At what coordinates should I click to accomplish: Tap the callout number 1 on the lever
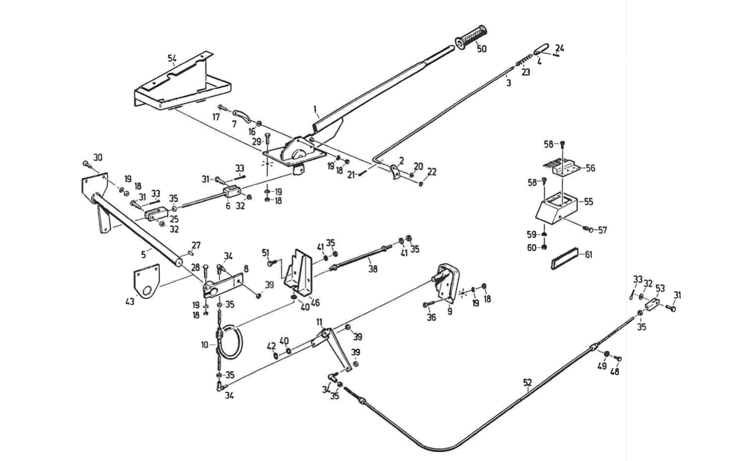click(x=315, y=109)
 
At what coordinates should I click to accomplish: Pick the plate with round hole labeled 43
click(x=146, y=282)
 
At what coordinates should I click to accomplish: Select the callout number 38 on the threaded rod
click(x=373, y=270)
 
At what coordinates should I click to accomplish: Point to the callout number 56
click(x=590, y=168)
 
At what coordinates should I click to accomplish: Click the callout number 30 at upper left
click(x=98, y=158)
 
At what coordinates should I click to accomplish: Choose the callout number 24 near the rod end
click(x=559, y=49)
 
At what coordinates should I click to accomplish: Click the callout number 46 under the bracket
click(x=315, y=303)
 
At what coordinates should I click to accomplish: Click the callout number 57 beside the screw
click(x=602, y=230)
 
